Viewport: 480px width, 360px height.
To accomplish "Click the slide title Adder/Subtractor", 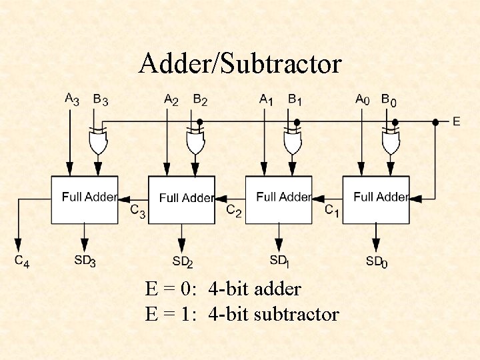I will coord(240,64).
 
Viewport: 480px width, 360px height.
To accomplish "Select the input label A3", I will coord(71,100).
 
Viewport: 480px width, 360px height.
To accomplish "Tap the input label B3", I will coord(100,100).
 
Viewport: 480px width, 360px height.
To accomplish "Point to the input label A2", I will coord(171,100).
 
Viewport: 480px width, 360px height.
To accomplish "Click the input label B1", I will coord(295,100).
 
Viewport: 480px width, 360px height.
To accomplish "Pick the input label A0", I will coord(363,100).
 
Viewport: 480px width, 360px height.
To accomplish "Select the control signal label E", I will coord(456,121).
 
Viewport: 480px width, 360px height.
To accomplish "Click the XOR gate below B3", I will coord(98,141).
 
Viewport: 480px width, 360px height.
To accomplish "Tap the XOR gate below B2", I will coord(195,141).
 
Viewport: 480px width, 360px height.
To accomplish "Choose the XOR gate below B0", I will coord(390,141).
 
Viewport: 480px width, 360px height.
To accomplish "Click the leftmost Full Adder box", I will coord(85,199).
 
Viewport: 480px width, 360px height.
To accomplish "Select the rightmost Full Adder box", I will coord(375,199).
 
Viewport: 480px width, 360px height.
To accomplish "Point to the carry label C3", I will coord(138,212).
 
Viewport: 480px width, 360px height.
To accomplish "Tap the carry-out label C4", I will coord(22,261).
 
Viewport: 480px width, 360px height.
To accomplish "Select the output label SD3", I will coord(85,261).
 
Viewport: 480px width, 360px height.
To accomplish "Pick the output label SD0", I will coord(376,261).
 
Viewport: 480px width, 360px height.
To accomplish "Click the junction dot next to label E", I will coord(435,122).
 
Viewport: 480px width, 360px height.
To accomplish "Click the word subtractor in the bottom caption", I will coord(297,314).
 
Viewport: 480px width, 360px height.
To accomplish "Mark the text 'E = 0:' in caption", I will coord(171,289).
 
